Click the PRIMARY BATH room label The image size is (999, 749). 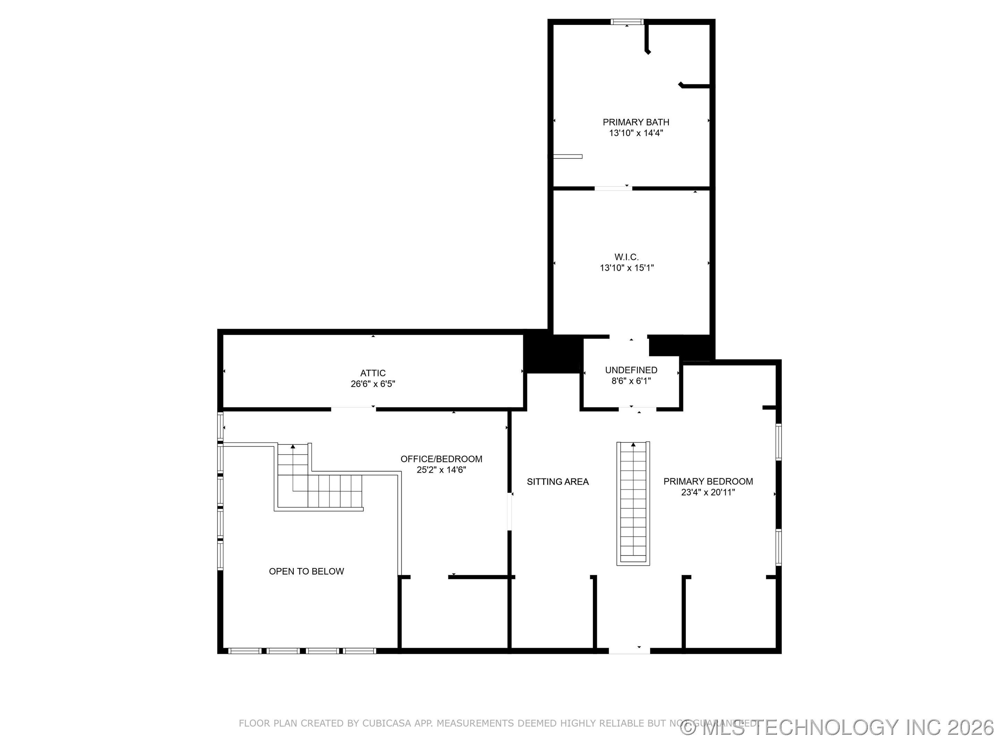(x=635, y=122)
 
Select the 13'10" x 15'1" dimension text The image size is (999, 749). (x=626, y=268)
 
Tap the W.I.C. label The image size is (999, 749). (x=626, y=257)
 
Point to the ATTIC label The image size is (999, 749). (x=373, y=373)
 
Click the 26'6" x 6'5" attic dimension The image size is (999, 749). (x=373, y=384)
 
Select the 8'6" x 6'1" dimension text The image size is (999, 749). (x=631, y=381)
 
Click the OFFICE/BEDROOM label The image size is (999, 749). (x=441, y=459)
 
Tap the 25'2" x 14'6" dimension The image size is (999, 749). (x=441, y=470)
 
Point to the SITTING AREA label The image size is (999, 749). (x=557, y=482)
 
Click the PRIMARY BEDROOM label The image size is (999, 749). (x=708, y=481)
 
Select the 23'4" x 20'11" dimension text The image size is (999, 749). (x=708, y=492)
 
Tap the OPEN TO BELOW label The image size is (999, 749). (x=306, y=571)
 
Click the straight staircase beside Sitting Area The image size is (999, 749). (x=633, y=503)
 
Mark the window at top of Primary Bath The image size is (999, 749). (x=627, y=21)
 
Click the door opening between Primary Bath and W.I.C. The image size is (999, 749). (x=613, y=188)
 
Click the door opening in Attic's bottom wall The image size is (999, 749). (x=353, y=409)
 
